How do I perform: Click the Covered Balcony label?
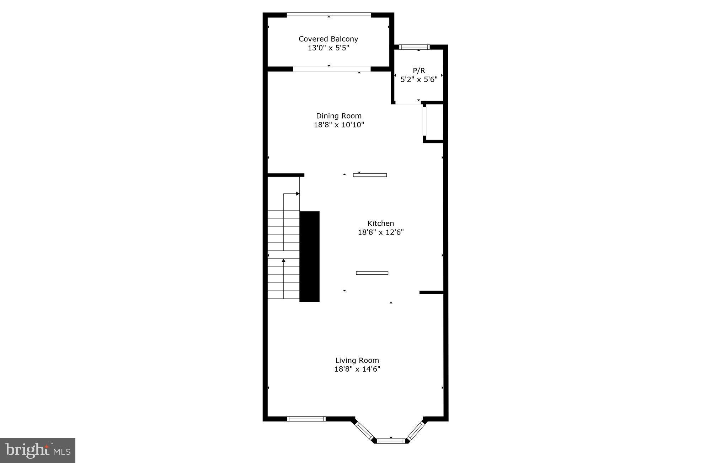328,39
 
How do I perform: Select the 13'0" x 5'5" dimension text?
328,48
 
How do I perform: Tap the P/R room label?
419,70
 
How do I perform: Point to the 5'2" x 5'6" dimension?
419,79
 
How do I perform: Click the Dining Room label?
339,116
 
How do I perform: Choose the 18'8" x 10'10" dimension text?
339,125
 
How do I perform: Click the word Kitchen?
380,223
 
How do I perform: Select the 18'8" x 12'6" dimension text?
380,232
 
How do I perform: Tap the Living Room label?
357,360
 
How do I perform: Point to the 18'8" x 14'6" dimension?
357,369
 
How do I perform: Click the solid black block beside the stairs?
309,256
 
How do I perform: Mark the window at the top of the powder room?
414,47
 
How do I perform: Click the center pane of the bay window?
391,441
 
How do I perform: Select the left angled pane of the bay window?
364,430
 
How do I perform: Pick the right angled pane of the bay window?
416,431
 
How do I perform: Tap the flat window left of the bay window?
306,419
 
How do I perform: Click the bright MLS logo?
38,451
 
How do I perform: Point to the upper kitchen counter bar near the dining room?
370,175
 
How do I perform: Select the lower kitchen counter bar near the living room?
372,273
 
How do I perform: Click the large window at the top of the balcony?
329,15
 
